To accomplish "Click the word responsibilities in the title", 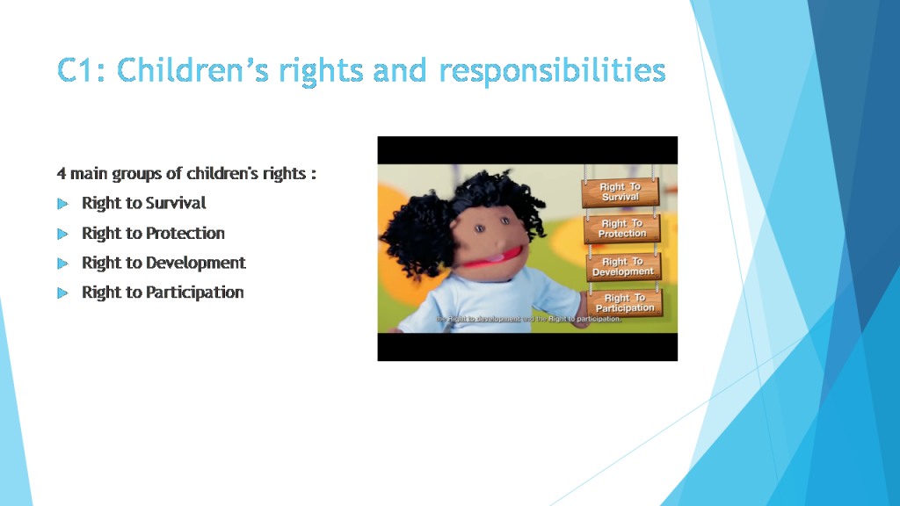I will click(551, 69).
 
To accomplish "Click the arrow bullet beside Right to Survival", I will click(62, 204).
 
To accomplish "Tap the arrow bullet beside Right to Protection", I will click(62, 234).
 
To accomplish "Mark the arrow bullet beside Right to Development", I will click(62, 264).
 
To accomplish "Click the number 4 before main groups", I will click(62, 173).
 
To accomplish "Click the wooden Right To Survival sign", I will click(621, 192).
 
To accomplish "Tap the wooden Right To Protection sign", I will click(621, 228).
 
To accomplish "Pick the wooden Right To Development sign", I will click(622, 266).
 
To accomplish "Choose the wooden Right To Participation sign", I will click(625, 303).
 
